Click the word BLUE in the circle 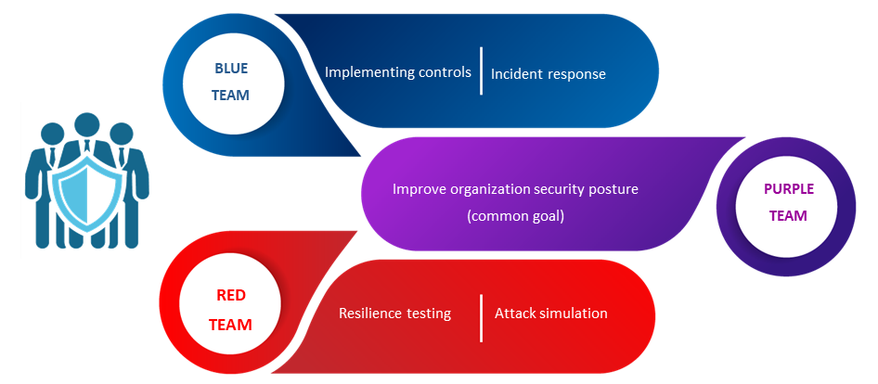231,69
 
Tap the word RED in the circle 231,296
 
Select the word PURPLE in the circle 788,189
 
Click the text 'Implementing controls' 398,72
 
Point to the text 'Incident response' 549,74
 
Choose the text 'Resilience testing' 394,314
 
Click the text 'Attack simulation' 551,313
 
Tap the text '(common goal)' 515,216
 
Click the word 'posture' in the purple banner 613,190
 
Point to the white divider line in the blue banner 482,71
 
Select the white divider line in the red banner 482,317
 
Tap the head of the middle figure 87,125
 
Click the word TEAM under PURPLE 788,215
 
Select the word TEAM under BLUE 231,96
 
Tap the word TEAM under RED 231,325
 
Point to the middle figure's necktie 87,147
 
